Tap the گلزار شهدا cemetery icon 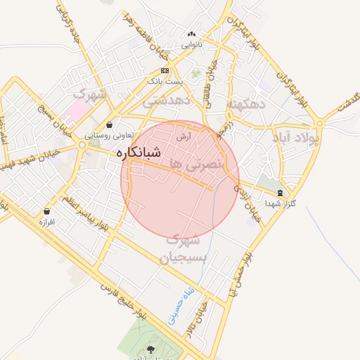point(281,193)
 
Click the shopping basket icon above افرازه point(47,211)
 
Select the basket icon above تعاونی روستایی point(109,124)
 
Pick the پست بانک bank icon point(165,71)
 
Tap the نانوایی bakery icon point(191,34)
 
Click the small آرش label point(184,137)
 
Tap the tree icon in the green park point(152,349)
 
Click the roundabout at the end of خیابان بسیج point(83,145)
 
